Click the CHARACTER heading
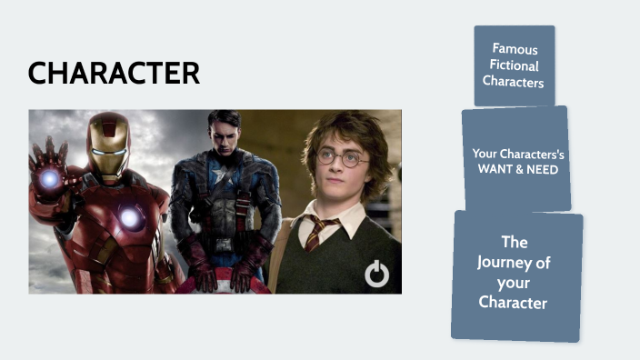click(x=114, y=74)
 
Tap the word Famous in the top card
click(x=515, y=48)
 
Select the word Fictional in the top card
click(x=515, y=65)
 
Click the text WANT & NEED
click(x=517, y=169)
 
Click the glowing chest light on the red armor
click(x=131, y=217)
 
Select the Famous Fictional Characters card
click(x=515, y=65)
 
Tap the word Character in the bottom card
click(x=514, y=302)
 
